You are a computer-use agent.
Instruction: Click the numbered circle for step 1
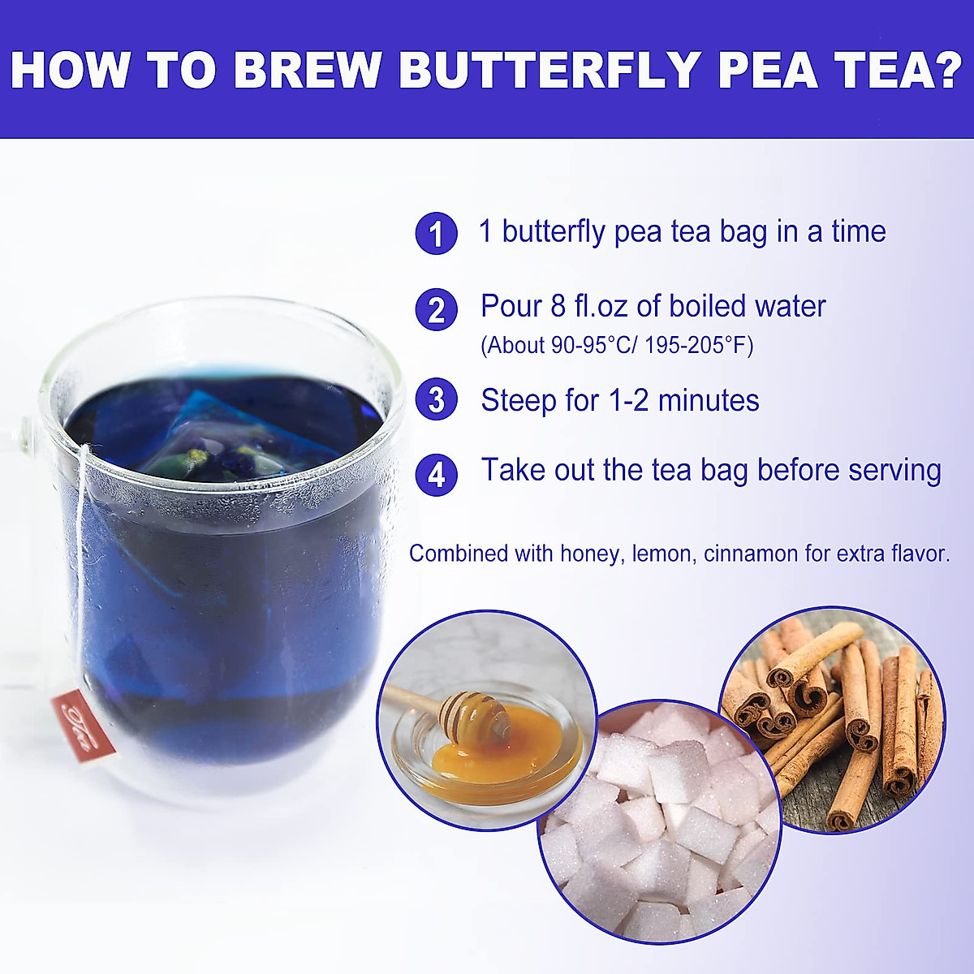point(436,234)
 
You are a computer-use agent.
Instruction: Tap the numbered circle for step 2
point(436,309)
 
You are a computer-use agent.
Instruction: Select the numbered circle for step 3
point(436,401)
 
